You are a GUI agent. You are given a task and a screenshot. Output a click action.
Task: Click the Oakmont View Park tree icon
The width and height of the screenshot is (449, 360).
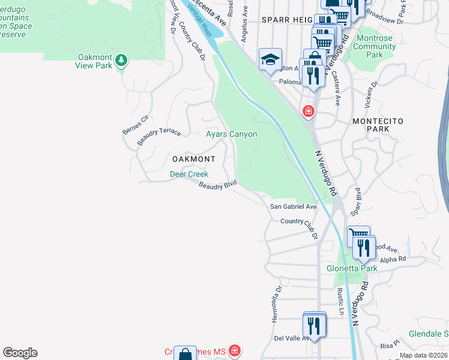(121, 59)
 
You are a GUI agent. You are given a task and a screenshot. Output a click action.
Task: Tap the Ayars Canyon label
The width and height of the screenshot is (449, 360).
(232, 134)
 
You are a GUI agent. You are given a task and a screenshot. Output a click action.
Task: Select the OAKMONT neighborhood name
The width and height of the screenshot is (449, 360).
(193, 159)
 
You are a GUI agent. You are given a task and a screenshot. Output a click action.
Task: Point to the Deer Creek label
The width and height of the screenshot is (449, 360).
(188, 175)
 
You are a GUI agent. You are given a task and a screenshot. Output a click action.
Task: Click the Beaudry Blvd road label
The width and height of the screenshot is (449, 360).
(218, 187)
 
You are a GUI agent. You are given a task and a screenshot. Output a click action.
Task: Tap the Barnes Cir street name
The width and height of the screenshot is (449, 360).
(135, 124)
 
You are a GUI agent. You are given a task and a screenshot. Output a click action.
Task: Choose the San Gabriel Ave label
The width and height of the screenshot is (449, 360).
(293, 206)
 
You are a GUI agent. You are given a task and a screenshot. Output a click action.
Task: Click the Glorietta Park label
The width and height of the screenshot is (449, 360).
(352, 268)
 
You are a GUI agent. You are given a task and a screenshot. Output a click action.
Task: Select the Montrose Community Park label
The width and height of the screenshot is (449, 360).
(375, 46)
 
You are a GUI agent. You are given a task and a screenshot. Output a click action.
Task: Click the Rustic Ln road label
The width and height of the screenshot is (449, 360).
(340, 302)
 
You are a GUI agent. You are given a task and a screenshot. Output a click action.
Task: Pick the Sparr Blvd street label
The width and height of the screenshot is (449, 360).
(356, 202)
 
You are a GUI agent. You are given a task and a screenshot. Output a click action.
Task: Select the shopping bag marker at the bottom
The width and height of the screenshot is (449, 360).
(186, 354)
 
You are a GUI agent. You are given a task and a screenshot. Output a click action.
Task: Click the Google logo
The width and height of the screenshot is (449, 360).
(20, 353)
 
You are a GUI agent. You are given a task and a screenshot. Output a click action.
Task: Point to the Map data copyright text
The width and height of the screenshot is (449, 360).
(423, 355)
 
